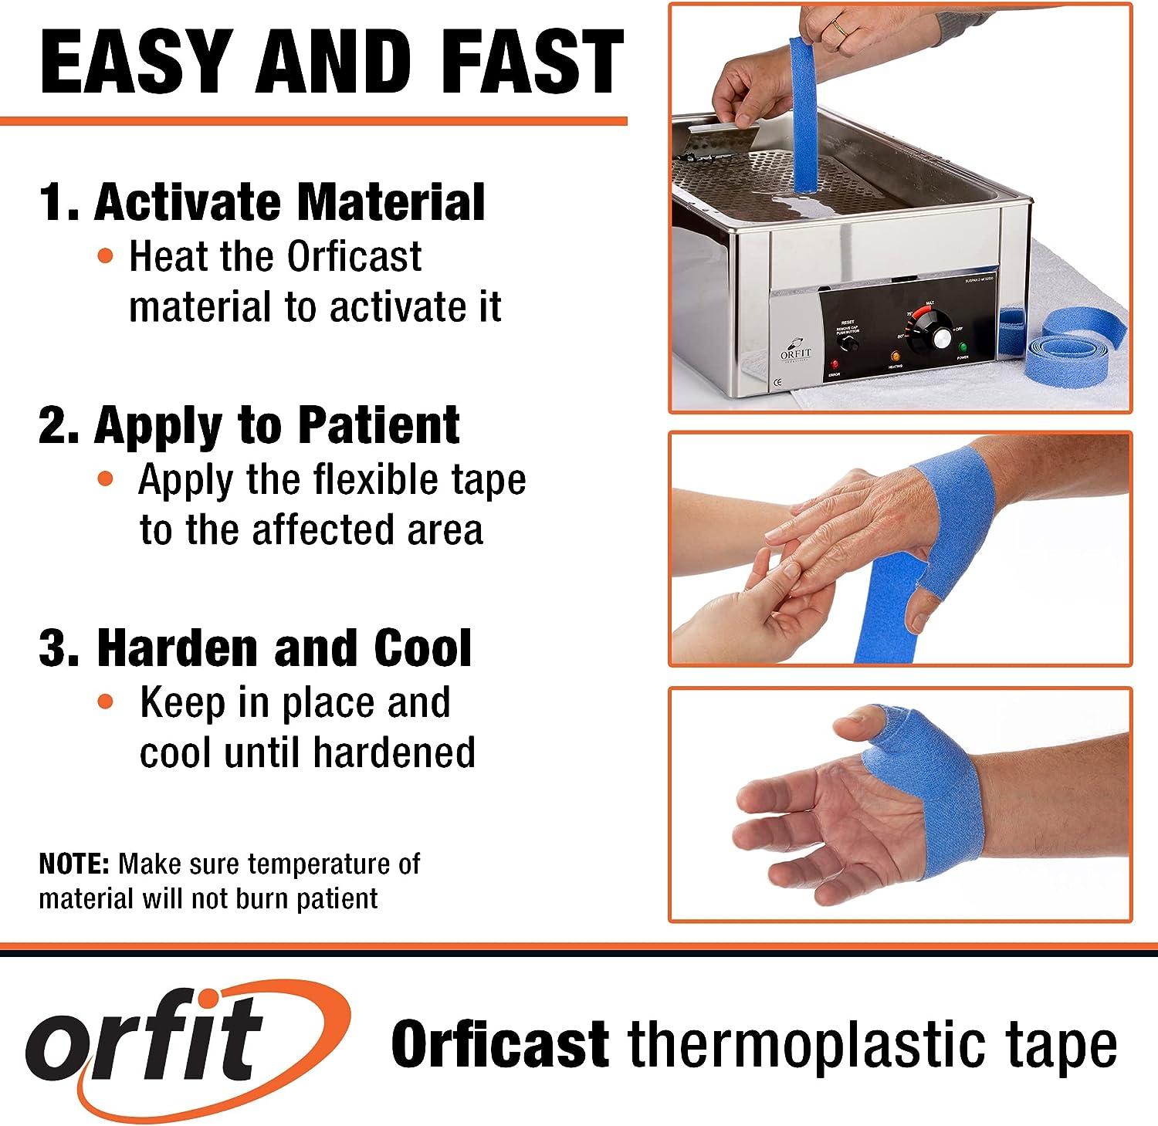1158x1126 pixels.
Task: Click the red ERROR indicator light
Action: pyautogui.click(x=834, y=363)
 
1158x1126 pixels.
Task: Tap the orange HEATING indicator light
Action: pyautogui.click(x=896, y=357)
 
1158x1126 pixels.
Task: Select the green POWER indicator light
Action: pyautogui.click(x=963, y=347)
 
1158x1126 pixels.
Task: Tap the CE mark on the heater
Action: pyautogui.click(x=778, y=381)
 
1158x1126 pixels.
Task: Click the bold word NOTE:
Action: pyautogui.click(x=75, y=864)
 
